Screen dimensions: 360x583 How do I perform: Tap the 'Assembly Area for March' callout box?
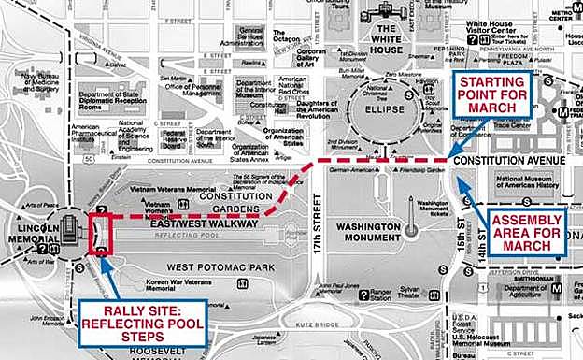pyautogui.click(x=526, y=232)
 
